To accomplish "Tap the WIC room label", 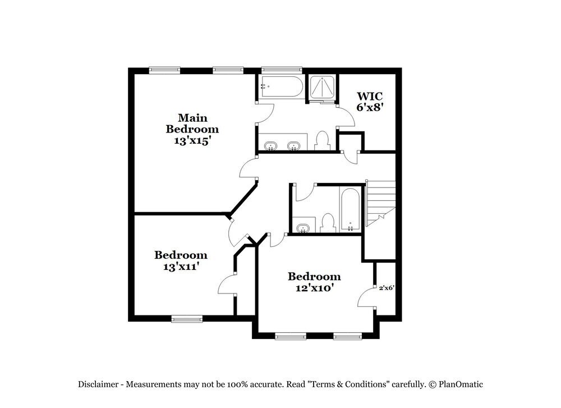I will (x=370, y=96).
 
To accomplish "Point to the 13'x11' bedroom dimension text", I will (x=181, y=267).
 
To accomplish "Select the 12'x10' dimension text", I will (x=314, y=288).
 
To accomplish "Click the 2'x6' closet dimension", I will (x=387, y=288).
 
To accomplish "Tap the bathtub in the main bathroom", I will (x=280, y=87).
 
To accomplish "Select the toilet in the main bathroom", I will (x=322, y=141).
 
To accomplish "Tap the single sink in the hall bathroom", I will (x=304, y=227).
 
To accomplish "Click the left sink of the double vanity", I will (x=272, y=146).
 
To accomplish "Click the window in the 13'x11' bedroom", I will (x=187, y=319).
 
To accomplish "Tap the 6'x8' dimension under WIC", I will (x=370, y=107).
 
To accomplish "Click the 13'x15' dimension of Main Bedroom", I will (x=192, y=141).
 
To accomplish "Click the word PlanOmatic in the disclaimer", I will (x=461, y=384).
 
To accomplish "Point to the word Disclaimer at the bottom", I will (x=98, y=384).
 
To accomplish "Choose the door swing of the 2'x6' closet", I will (x=366, y=297).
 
